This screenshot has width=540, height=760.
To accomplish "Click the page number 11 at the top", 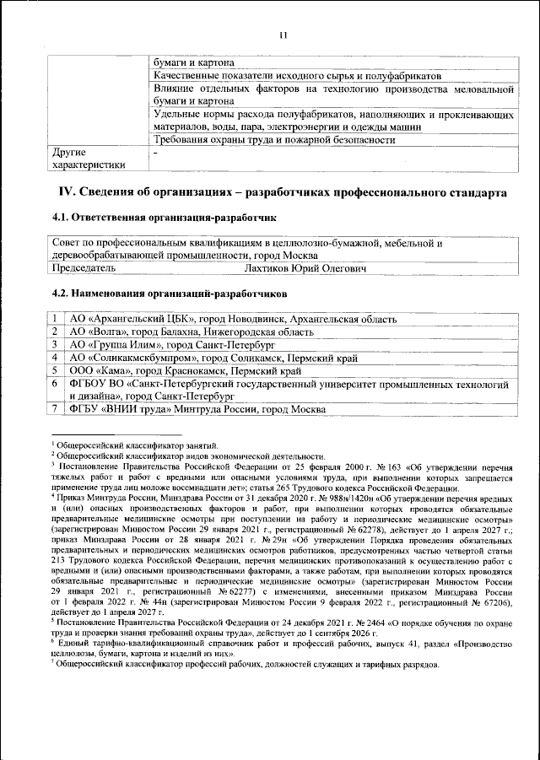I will point(283,35).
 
